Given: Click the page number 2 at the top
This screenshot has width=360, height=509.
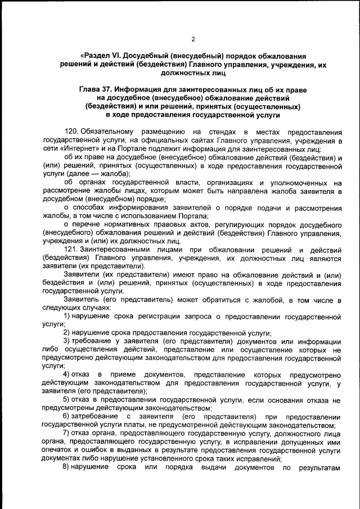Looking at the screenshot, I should tap(193, 39).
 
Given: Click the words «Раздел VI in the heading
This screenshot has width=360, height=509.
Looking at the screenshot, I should tap(100, 56).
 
